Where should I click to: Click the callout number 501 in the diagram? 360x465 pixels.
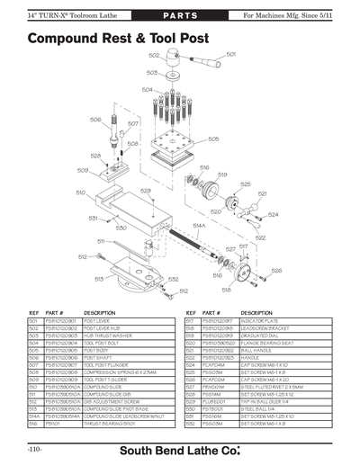point(231,54)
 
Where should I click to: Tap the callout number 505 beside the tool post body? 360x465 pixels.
point(213,139)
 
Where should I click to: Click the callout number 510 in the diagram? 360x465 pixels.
point(80,193)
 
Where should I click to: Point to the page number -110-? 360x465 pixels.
point(34,448)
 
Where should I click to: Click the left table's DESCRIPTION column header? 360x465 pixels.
point(100,312)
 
